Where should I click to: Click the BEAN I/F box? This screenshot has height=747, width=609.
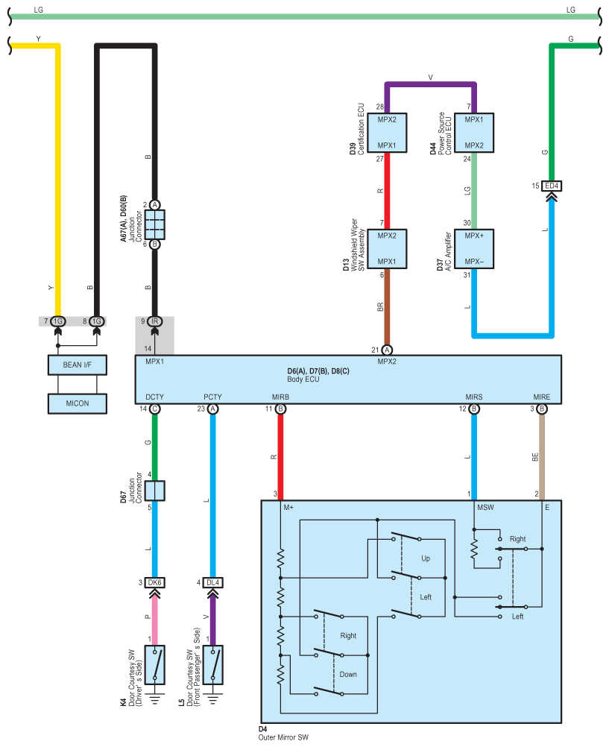tap(78, 365)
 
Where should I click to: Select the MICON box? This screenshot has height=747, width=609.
tap(78, 403)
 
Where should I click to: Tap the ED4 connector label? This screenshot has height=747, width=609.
tap(552, 186)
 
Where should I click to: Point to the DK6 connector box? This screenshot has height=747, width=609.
tap(154, 583)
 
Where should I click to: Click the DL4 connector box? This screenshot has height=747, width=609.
tap(212, 583)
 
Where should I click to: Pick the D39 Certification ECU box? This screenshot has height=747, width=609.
tap(387, 133)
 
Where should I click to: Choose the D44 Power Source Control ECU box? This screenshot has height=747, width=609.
tap(473, 133)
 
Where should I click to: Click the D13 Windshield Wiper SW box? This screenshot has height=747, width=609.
tap(387, 249)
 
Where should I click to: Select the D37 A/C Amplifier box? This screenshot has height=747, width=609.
tap(473, 249)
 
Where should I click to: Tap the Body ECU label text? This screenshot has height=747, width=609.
tap(303, 379)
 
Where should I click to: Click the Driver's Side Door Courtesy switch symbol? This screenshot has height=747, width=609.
tap(154, 665)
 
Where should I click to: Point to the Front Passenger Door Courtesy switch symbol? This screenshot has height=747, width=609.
tap(212, 665)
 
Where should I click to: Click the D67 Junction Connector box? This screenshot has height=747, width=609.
tap(154, 491)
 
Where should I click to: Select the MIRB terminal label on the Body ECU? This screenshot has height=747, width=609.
tap(280, 397)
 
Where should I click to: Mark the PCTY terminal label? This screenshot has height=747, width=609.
tap(212, 397)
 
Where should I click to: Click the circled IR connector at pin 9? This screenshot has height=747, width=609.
tap(154, 321)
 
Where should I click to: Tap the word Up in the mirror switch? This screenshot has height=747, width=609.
tap(426, 558)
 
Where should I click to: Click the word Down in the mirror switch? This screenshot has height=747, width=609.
tap(348, 675)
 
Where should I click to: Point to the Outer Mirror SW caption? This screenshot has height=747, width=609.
tap(283, 737)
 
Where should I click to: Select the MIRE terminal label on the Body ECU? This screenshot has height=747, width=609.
tap(542, 397)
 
